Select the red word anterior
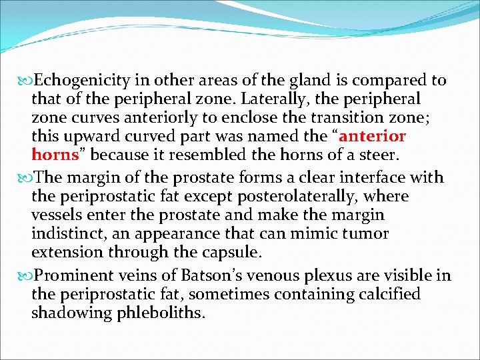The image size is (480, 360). pos(373,137)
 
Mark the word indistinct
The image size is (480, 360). pos(63,234)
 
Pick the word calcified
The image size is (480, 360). pos(388,294)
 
